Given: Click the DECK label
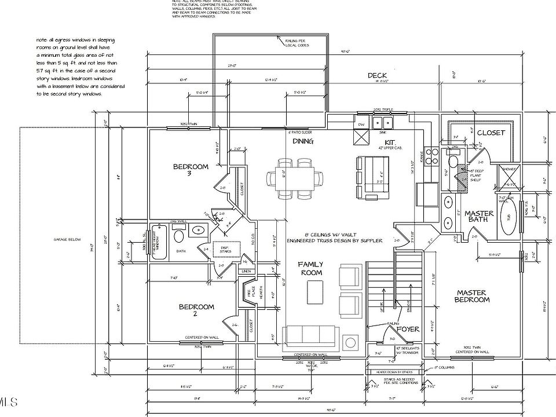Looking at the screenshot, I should point(378,76).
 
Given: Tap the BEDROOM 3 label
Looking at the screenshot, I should point(191,170).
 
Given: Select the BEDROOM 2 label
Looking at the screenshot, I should point(196,310).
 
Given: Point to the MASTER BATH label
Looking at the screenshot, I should point(480,217).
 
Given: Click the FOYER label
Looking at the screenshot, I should point(408,329).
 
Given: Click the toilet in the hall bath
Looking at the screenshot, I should point(178,236).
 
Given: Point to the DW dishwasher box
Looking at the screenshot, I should point(360,125).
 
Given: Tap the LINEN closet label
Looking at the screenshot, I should point(247,271).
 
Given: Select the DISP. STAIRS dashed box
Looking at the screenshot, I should point(223,249).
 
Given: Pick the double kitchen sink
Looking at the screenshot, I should point(382,123).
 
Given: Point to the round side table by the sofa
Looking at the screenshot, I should point(350,339).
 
